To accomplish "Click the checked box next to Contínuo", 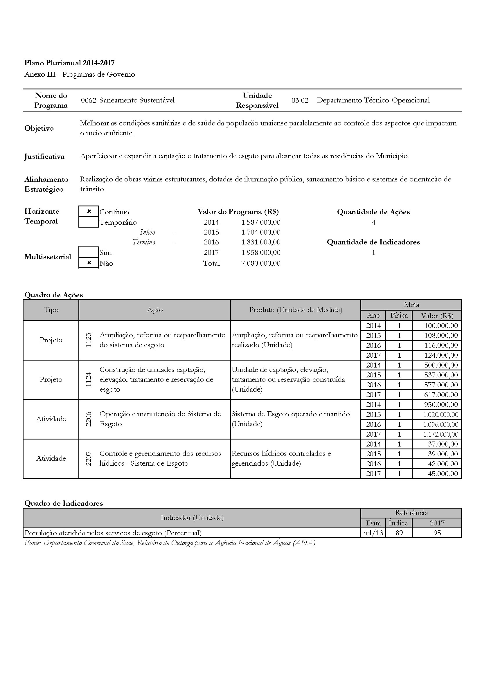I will point(89,211).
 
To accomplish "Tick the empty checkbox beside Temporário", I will point(89,222).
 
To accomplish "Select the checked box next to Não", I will point(89,263).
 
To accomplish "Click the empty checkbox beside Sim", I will point(89,252).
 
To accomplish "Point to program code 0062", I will point(89,100).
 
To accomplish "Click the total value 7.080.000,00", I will point(260,263).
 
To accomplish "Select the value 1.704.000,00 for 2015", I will point(260,232).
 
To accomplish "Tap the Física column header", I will point(399,315).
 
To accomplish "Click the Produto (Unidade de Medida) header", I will point(295,310).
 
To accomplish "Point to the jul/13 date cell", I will point(373,533).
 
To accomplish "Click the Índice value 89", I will point(399,533).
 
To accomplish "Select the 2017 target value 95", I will point(437,533).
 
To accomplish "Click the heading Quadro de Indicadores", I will point(64,503).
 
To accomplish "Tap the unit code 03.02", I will point(300,100).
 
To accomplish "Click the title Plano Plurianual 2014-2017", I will point(69,63).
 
